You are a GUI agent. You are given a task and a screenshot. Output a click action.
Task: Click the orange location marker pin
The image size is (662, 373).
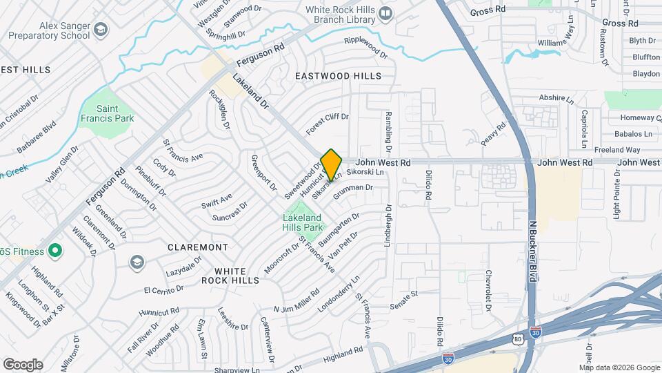point(331,164)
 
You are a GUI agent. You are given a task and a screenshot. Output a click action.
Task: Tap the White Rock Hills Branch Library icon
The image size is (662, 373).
point(386,12)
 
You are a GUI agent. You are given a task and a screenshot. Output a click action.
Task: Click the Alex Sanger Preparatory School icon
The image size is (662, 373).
point(101,29)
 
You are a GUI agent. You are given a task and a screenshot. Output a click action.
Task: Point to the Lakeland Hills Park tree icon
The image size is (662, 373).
point(302,208)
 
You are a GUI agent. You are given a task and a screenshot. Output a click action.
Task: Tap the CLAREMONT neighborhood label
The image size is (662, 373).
point(198,247)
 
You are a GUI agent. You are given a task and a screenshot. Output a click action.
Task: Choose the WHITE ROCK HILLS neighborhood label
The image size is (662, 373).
point(230,276)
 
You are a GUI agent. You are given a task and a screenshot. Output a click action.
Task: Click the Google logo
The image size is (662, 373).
point(22,364)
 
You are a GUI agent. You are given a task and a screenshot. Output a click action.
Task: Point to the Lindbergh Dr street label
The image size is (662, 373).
point(388,225)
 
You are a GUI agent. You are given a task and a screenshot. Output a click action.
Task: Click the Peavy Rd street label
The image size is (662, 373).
point(494,133)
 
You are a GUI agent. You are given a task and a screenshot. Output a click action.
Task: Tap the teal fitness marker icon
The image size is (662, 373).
point(54,252)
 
